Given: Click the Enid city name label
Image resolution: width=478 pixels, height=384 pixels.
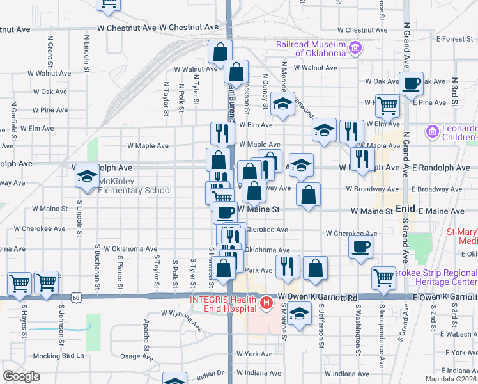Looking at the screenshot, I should [x=406, y=209].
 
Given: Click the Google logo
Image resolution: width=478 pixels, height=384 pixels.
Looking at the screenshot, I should [x=21, y=376].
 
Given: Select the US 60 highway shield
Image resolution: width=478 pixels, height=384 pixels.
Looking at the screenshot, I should [x=76, y=297].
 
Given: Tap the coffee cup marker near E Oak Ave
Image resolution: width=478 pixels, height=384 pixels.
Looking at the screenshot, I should [x=411, y=83].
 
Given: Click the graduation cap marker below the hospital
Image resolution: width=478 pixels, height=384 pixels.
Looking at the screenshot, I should [x=298, y=314].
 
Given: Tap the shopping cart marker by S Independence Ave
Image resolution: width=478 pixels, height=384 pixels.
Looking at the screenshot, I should [x=383, y=278].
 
